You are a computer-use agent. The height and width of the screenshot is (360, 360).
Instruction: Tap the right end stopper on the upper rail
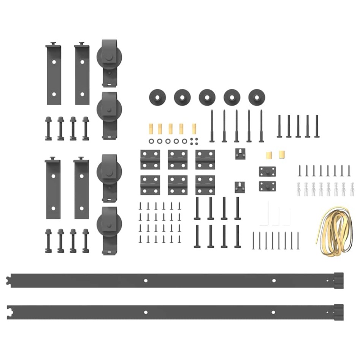[x=338, y=280]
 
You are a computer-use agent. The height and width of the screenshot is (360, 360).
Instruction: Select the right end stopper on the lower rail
[x=338, y=312]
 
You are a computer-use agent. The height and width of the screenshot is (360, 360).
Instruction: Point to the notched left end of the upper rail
[x=9, y=281]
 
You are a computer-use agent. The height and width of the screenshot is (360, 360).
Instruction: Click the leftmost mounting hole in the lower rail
[x=145, y=312]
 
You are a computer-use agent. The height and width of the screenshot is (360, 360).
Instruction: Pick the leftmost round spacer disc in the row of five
[x=157, y=97]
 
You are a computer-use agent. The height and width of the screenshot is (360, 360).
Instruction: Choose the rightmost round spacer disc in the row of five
[x=257, y=97]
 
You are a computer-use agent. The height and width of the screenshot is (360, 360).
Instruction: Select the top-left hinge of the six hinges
[x=150, y=159]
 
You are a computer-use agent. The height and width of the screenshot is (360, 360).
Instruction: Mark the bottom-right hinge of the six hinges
[x=205, y=185]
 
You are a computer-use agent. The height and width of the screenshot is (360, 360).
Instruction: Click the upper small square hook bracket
[x=240, y=154]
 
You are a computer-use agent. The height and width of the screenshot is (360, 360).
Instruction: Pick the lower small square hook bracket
[x=240, y=187]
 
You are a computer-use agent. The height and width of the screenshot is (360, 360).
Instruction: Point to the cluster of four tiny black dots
[x=194, y=141]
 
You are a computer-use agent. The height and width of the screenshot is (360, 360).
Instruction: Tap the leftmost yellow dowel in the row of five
[x=150, y=128]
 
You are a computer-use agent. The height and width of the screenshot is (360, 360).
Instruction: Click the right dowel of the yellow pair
[x=281, y=154]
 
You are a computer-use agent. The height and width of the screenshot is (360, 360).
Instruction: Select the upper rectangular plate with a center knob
[x=267, y=171]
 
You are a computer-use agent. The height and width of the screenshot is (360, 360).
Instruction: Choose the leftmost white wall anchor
[x=299, y=189]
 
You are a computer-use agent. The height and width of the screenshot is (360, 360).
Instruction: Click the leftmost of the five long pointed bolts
[x=212, y=126]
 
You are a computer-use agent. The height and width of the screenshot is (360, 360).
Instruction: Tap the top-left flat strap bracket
[x=54, y=74]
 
